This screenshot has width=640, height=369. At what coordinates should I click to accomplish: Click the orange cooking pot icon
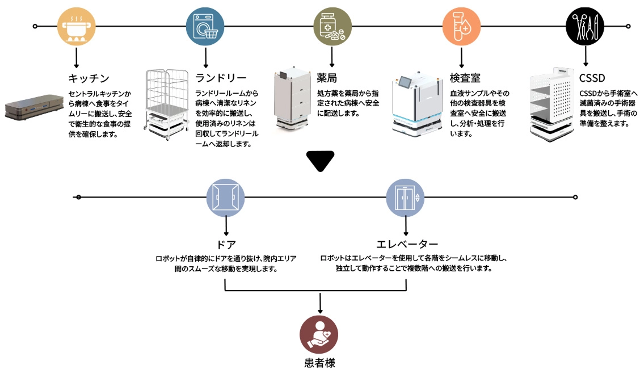(x=76, y=27)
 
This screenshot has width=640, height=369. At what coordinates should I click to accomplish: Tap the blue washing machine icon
(x=205, y=27)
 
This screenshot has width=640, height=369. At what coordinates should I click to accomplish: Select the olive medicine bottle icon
(x=332, y=27)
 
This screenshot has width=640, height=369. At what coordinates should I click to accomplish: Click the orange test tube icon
(x=461, y=27)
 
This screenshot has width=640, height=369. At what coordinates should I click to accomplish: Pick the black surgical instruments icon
(x=585, y=27)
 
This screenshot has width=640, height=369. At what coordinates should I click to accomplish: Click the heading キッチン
(x=89, y=78)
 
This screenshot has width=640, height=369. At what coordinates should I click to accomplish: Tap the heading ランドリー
(x=221, y=78)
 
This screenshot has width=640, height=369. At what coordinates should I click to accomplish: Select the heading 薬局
(x=327, y=78)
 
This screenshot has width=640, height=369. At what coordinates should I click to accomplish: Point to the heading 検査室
(x=465, y=78)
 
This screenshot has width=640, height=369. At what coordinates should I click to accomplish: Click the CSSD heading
(x=592, y=78)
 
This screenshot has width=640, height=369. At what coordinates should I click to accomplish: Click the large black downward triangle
(x=320, y=161)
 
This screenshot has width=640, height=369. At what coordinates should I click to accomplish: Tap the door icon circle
(x=225, y=197)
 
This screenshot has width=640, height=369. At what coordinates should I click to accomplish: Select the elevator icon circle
(x=405, y=197)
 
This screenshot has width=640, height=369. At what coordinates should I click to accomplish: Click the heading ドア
(x=226, y=245)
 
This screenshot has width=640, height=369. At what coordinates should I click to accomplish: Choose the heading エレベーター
(x=407, y=245)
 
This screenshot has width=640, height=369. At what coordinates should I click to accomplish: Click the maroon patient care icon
(x=319, y=335)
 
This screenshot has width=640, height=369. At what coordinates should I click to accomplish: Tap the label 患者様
(x=319, y=362)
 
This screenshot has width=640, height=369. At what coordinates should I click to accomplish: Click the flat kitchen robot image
(x=33, y=108)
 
